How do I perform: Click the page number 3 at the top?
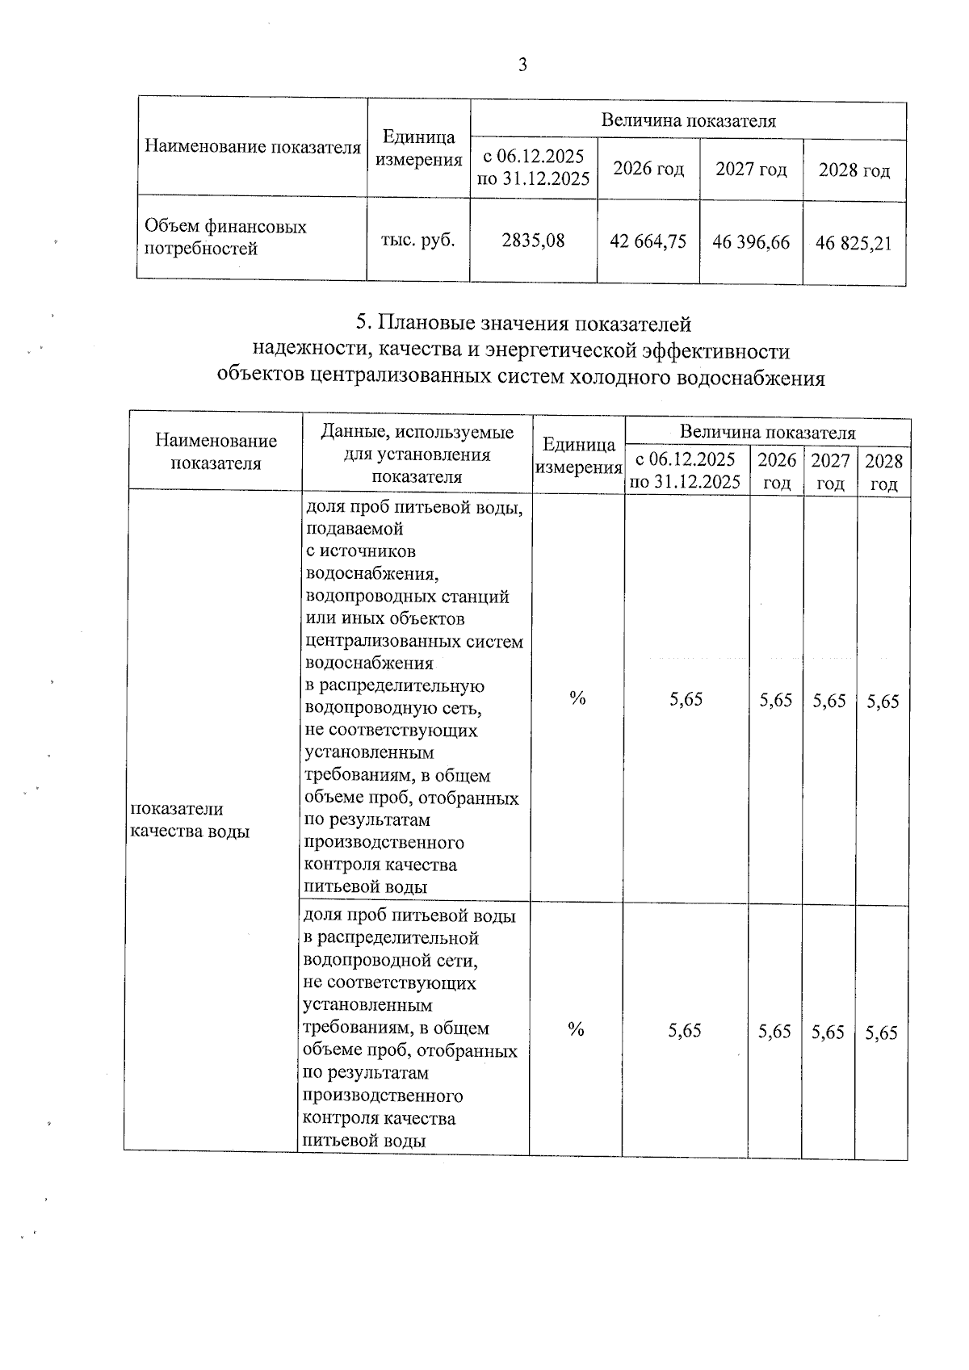pos(522,65)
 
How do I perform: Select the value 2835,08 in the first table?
pos(533,240)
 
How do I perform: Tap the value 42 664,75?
pos(648,241)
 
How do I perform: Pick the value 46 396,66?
pos(751,242)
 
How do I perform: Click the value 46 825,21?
pos(854,243)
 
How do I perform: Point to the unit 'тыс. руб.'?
pos(418,239)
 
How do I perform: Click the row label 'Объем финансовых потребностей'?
pos(225,237)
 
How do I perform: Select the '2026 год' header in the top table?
pos(648,169)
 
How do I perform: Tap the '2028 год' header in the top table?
pos(854,171)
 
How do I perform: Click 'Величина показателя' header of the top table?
pos(688,121)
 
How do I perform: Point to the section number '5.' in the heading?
pos(363,324)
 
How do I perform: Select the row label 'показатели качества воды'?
pos(190,819)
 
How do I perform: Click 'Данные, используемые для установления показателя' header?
pos(417,454)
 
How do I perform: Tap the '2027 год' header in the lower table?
pos(830,471)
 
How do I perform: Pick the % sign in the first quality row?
pos(577,698)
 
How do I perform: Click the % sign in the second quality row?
pos(576,1029)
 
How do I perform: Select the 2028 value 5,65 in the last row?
pos(881,1033)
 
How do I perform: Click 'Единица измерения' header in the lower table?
pos(578,456)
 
